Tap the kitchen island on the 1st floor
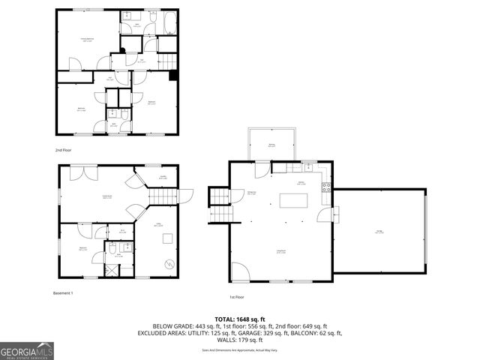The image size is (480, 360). click(x=292, y=200)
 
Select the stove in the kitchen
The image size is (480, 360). click(x=326, y=187)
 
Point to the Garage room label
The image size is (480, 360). click(x=378, y=231)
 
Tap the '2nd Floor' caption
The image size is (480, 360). click(x=64, y=149)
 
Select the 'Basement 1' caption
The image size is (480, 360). click(x=63, y=292)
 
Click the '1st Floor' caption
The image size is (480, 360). click(x=238, y=295)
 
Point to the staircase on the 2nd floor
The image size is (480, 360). click(x=166, y=61)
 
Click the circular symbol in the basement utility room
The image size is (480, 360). click(x=169, y=264)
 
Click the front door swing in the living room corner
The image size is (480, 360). click(x=238, y=271)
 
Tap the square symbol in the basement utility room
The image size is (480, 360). click(x=168, y=239)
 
